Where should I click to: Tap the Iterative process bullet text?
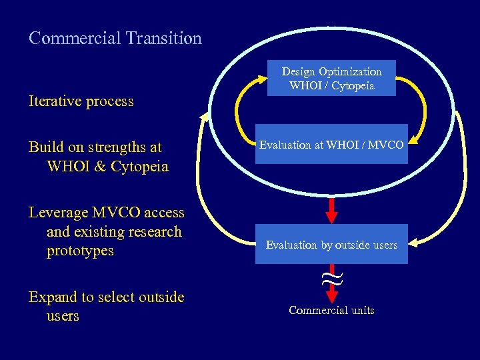(x=81, y=102)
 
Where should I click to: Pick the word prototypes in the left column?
(x=80, y=251)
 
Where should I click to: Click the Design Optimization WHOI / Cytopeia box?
(x=331, y=79)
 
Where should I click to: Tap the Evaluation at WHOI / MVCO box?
(x=331, y=145)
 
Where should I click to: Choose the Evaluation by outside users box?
(x=331, y=245)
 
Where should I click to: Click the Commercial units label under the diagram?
(x=331, y=311)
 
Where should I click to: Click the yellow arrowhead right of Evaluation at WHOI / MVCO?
(x=414, y=140)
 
